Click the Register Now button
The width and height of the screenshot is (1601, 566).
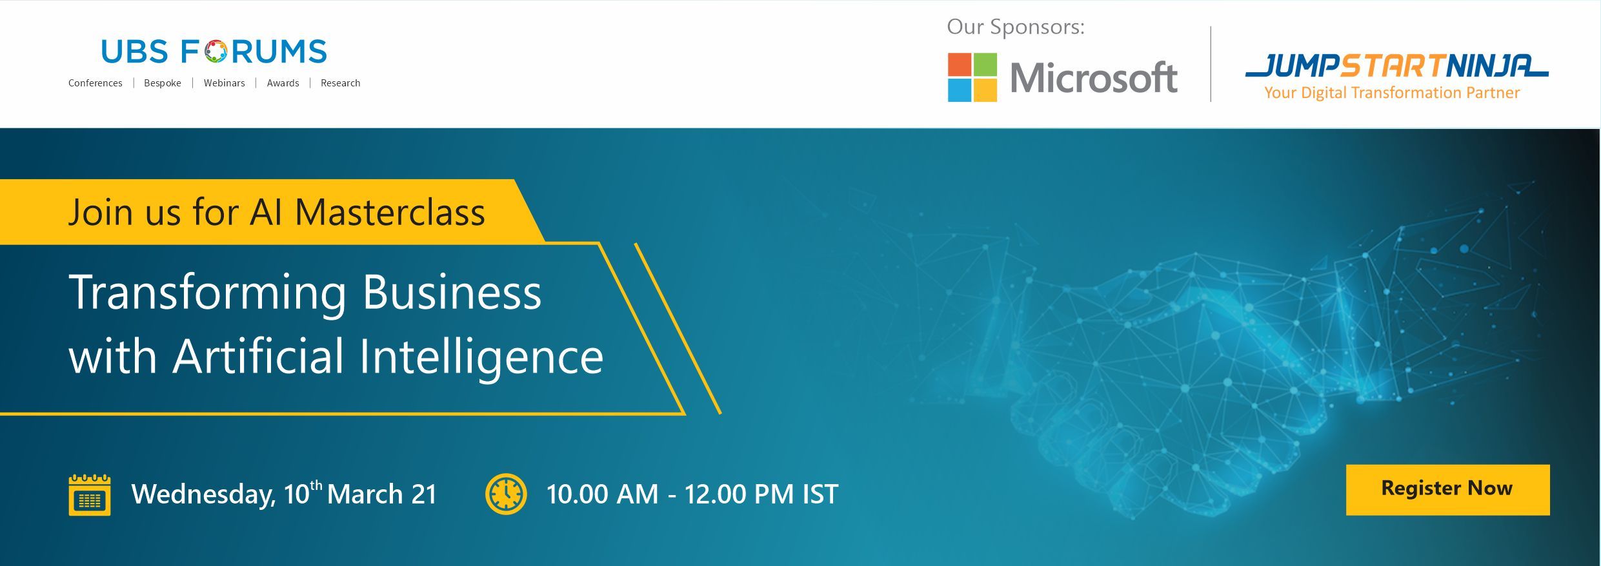click(1447, 489)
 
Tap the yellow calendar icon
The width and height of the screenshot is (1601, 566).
click(90, 494)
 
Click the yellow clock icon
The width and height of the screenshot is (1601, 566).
click(506, 494)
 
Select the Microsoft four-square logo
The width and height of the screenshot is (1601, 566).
click(972, 77)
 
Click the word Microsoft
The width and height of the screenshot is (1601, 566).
click(1094, 78)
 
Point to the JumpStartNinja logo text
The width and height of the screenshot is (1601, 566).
click(1396, 66)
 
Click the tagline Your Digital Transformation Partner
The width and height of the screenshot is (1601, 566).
click(1392, 93)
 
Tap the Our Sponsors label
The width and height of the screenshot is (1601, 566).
click(1016, 26)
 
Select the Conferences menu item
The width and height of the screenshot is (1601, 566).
click(96, 83)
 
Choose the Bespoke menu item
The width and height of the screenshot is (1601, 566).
click(163, 83)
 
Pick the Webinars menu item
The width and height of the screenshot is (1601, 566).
click(225, 83)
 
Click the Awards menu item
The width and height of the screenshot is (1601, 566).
click(283, 83)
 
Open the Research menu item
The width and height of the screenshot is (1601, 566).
click(341, 83)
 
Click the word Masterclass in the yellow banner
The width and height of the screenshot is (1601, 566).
click(390, 212)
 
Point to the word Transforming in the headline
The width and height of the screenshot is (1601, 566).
click(208, 294)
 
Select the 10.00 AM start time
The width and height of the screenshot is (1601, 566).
click(602, 494)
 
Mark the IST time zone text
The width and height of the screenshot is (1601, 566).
click(820, 494)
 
